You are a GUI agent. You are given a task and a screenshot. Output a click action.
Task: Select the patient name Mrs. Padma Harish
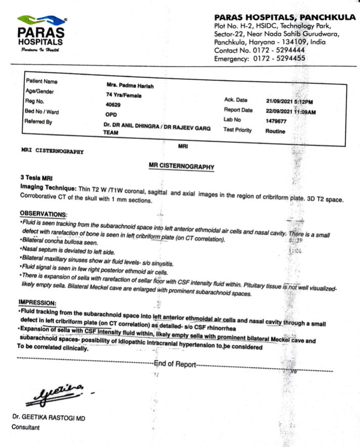(129, 86)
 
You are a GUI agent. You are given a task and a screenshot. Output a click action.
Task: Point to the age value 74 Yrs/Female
(124, 95)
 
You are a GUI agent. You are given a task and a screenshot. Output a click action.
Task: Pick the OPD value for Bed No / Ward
(110, 114)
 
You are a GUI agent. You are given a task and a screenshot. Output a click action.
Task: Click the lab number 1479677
(276, 121)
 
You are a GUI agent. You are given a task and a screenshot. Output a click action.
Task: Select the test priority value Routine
(275, 131)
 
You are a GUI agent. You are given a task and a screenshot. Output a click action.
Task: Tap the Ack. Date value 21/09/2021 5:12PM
(290, 102)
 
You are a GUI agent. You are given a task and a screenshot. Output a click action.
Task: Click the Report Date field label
(238, 110)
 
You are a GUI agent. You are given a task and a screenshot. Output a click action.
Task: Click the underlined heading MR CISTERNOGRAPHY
(181, 166)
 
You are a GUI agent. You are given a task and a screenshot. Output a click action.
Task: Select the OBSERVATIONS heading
(43, 214)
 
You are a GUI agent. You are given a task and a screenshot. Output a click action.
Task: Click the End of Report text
(174, 364)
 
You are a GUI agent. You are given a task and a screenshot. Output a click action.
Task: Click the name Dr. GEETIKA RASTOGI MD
(49, 417)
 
